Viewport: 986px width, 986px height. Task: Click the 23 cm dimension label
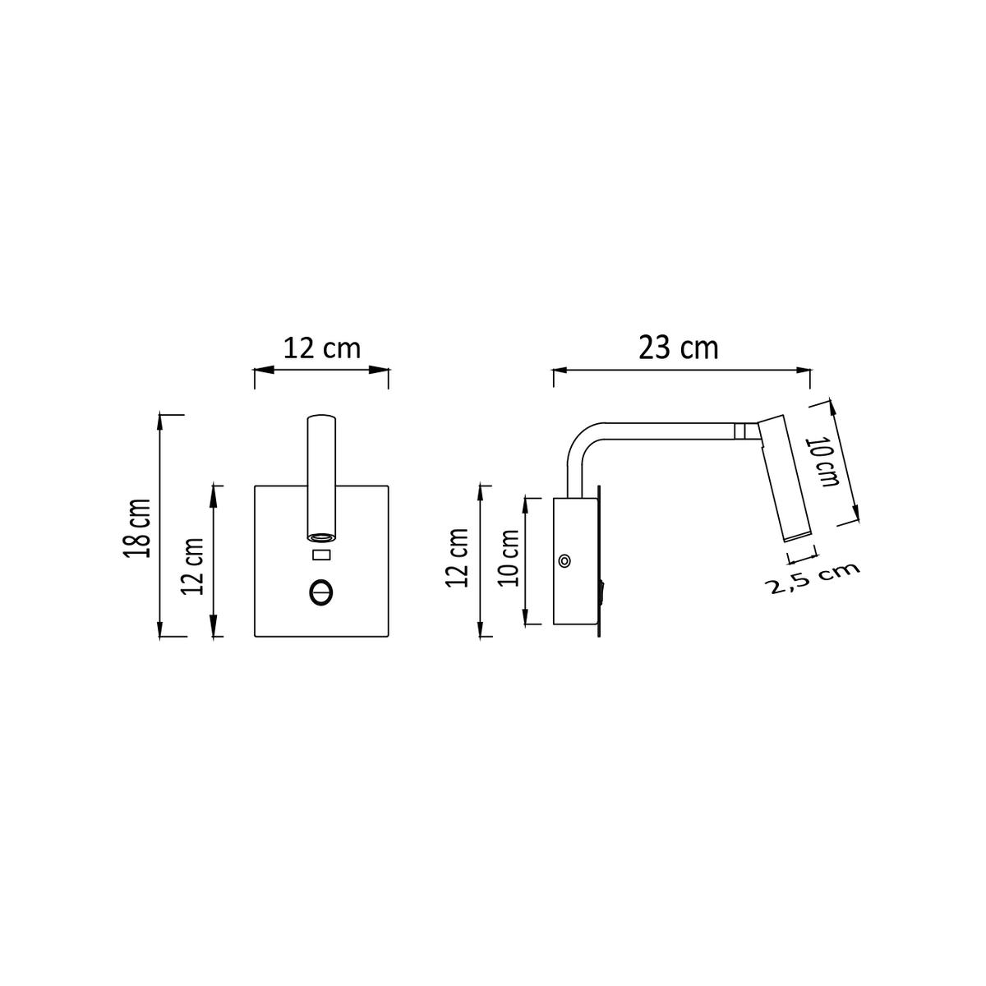679,348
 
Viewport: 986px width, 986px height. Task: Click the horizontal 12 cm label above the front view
322,348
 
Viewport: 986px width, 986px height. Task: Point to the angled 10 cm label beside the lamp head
822,462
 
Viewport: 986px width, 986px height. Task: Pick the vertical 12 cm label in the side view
458,558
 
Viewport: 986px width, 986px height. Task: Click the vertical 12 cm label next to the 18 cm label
193,566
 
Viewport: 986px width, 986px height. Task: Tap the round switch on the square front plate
320,593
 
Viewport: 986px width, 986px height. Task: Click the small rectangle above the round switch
321,555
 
